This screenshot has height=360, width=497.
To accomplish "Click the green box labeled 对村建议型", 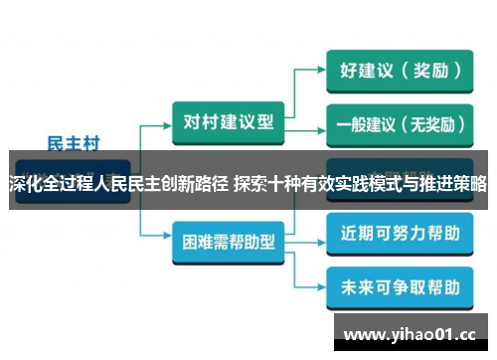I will click(x=227, y=120).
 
